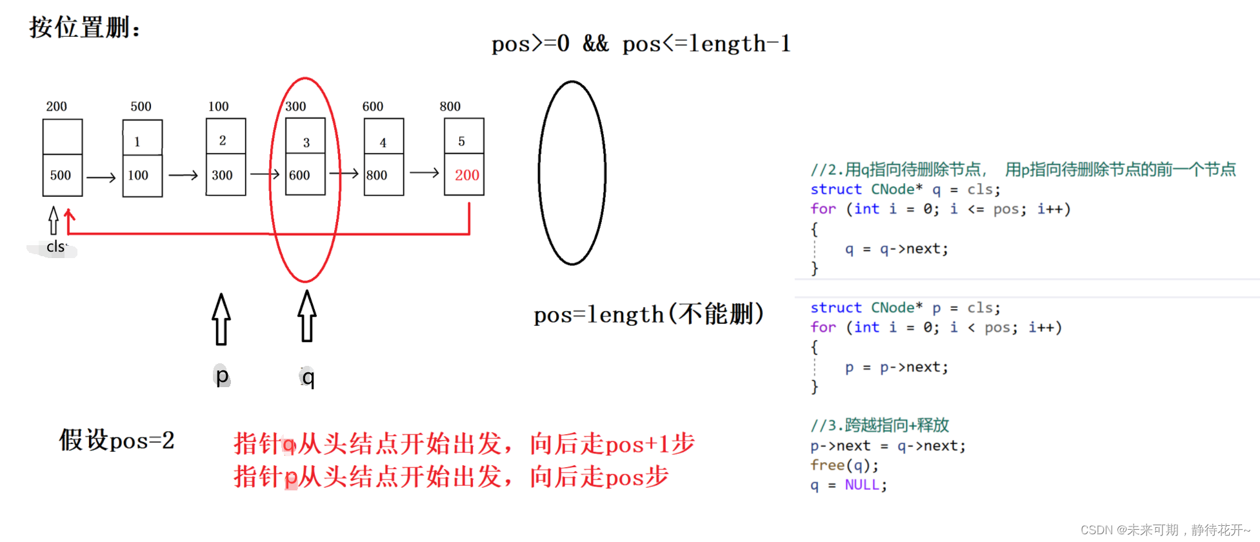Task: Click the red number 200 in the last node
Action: [466, 175]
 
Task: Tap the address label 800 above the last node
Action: [450, 106]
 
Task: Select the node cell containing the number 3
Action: [306, 142]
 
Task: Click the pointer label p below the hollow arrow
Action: [222, 376]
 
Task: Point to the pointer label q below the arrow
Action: [308, 377]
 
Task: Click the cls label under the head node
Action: [56, 246]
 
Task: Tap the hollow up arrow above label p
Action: [221, 319]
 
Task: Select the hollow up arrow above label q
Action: [307, 316]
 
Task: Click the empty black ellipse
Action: [572, 173]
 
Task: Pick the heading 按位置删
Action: [85, 28]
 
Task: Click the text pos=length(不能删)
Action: [648, 314]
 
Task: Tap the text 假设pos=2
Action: [117, 440]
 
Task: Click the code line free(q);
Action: [844, 465]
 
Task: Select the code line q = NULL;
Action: [848, 485]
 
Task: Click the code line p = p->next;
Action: [896, 367]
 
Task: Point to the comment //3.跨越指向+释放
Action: [879, 425]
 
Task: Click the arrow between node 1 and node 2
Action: [183, 175]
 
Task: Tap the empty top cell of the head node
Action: [63, 137]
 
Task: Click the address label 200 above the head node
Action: [56, 106]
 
